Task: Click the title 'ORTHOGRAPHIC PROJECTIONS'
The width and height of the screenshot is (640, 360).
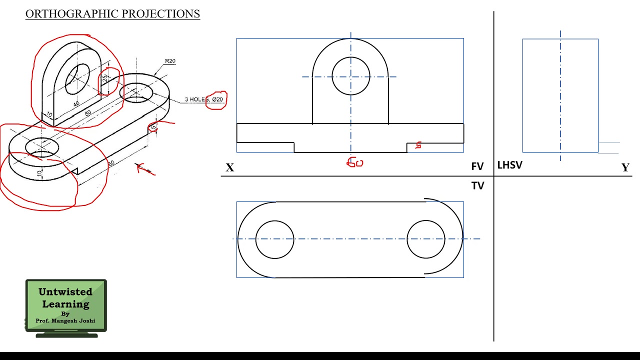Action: tap(112, 14)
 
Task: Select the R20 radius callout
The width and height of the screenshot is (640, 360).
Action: tap(170, 61)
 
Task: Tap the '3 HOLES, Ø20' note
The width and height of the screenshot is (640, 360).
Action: tap(204, 99)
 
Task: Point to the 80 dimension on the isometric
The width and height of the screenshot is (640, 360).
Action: tap(88, 113)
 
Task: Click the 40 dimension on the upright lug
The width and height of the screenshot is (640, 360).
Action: tap(76, 104)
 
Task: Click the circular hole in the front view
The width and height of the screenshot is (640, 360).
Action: tap(350, 76)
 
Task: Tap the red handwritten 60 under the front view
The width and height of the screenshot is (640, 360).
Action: tap(355, 162)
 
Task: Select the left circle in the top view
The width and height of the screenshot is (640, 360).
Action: tap(274, 239)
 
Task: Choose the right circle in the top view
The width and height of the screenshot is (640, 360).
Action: tap(426, 239)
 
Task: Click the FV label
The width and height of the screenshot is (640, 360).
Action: tap(477, 166)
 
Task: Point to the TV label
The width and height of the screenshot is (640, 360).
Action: tap(477, 185)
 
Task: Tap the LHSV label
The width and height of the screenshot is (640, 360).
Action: tap(509, 165)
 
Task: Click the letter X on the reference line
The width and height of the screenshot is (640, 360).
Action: tap(229, 167)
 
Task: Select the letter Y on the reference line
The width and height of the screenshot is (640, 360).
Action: tap(625, 167)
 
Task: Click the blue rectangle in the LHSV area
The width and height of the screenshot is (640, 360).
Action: tap(560, 95)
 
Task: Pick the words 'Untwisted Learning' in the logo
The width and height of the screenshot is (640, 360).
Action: tap(65, 298)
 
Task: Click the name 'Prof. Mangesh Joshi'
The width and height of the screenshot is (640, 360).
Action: tap(65, 321)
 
